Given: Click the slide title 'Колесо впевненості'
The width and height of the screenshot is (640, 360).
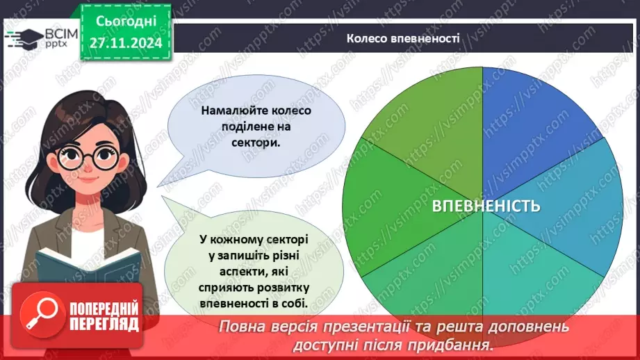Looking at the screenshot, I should pos(403,39).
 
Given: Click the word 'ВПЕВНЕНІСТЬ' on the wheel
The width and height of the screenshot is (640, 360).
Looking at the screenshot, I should pos(486,206).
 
